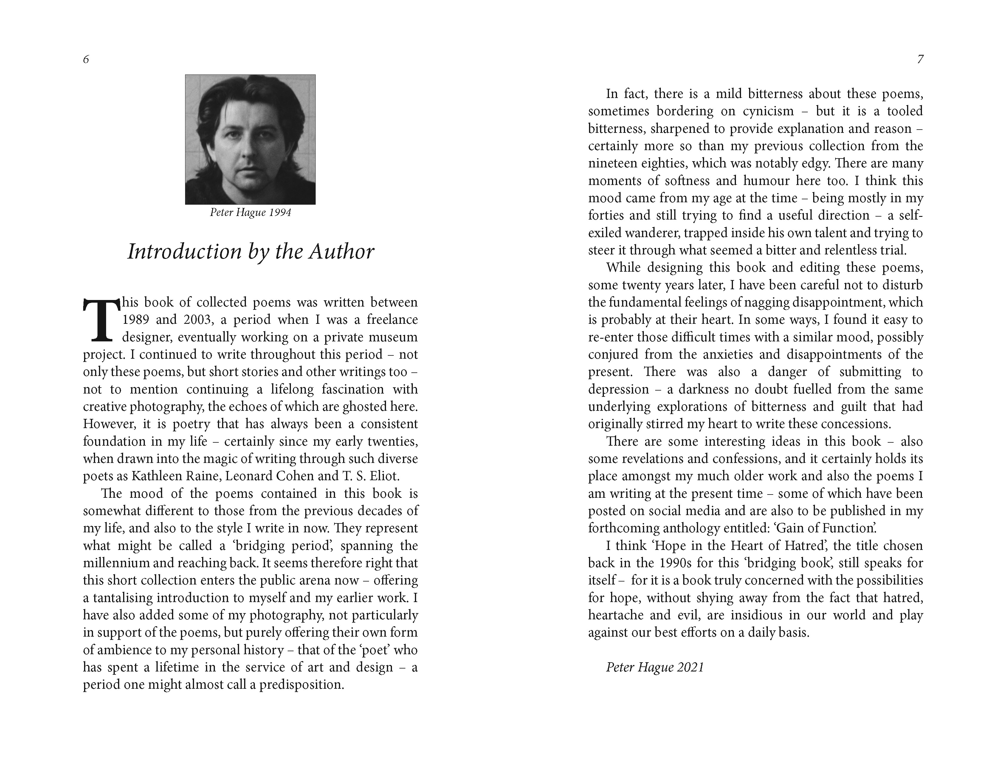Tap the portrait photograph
[250, 139]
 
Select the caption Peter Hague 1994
[250, 213]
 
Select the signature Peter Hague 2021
[655, 667]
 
